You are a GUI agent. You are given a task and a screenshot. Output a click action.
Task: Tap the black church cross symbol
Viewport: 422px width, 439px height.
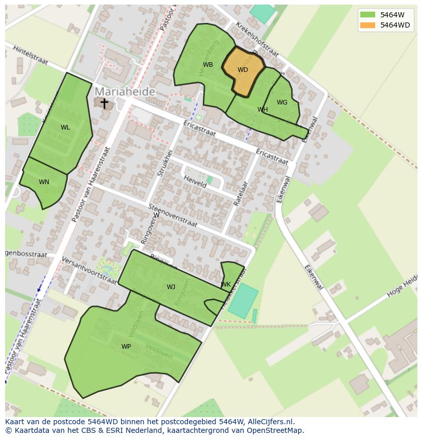(x=104, y=104)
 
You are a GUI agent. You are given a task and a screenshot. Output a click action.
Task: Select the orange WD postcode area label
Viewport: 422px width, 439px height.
(x=243, y=70)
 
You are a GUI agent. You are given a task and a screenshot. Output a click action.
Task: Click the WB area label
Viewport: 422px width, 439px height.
(x=208, y=65)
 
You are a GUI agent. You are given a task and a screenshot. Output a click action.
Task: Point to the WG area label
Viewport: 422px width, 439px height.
(x=282, y=102)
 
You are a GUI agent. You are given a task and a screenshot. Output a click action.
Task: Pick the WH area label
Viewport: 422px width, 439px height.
(x=262, y=110)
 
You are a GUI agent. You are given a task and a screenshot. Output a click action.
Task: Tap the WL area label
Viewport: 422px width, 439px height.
(x=65, y=127)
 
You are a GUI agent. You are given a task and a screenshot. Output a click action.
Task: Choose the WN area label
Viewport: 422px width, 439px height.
(x=44, y=182)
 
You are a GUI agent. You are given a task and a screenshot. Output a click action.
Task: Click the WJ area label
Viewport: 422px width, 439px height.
(x=171, y=287)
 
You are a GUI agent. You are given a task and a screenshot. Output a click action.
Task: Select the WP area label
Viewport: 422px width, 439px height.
(x=126, y=347)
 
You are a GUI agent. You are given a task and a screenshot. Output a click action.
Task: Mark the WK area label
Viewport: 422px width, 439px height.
(x=226, y=285)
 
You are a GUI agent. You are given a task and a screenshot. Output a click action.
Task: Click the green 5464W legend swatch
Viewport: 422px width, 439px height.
(x=367, y=15)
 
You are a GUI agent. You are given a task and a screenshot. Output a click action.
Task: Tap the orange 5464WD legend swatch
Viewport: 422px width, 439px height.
(x=367, y=25)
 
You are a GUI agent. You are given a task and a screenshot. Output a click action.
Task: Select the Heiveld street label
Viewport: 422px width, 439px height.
(x=195, y=182)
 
